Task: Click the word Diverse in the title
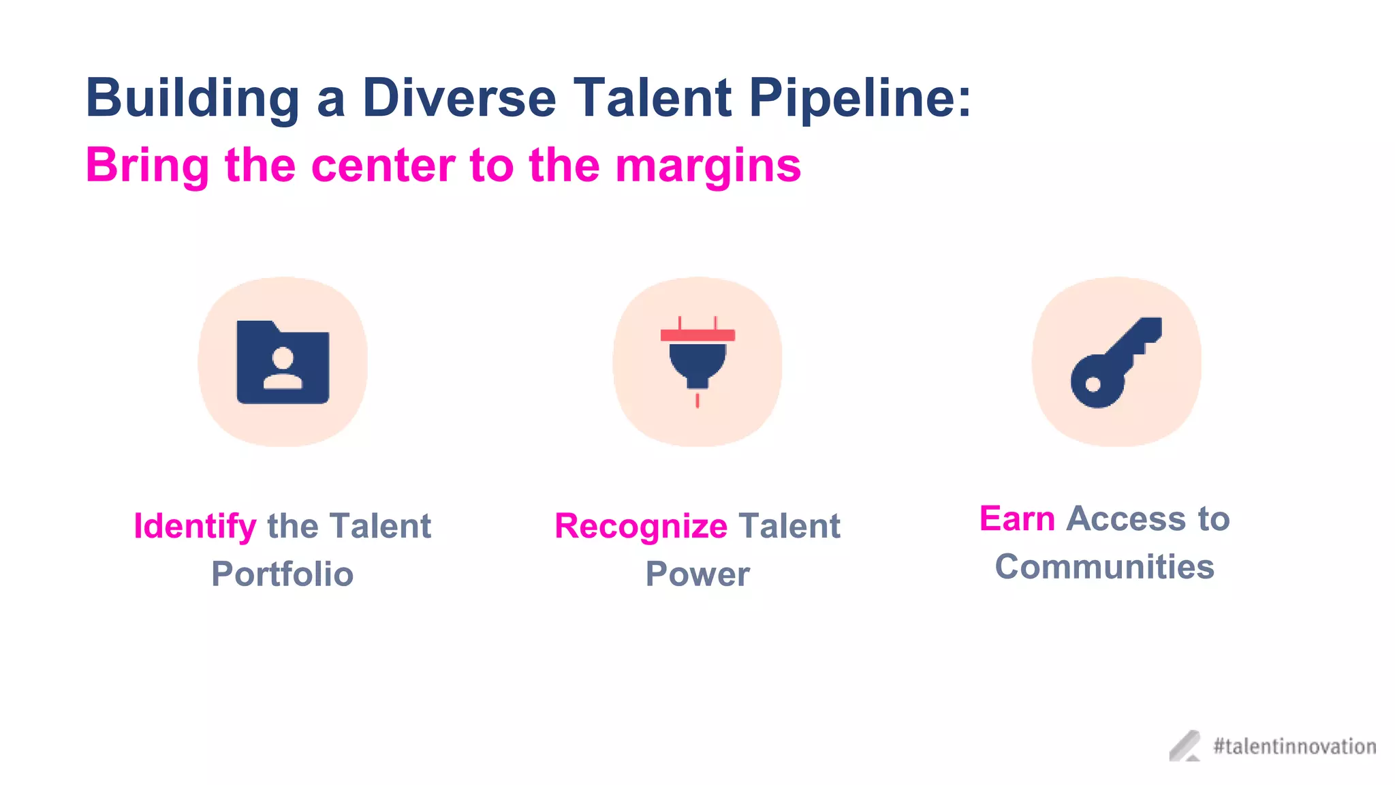click(x=459, y=97)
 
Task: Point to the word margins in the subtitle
click(x=708, y=166)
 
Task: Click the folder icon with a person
click(x=283, y=362)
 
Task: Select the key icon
click(x=1116, y=362)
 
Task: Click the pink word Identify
click(x=195, y=527)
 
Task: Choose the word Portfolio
click(x=282, y=574)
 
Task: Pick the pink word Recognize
click(x=641, y=527)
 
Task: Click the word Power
click(x=697, y=574)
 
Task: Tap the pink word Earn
click(x=1017, y=519)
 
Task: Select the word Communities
click(x=1104, y=567)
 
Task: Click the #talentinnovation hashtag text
click(x=1294, y=746)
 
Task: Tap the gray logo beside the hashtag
click(x=1185, y=745)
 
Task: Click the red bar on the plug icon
click(x=697, y=335)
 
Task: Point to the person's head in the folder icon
click(x=283, y=357)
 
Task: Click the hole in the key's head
click(x=1093, y=385)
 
